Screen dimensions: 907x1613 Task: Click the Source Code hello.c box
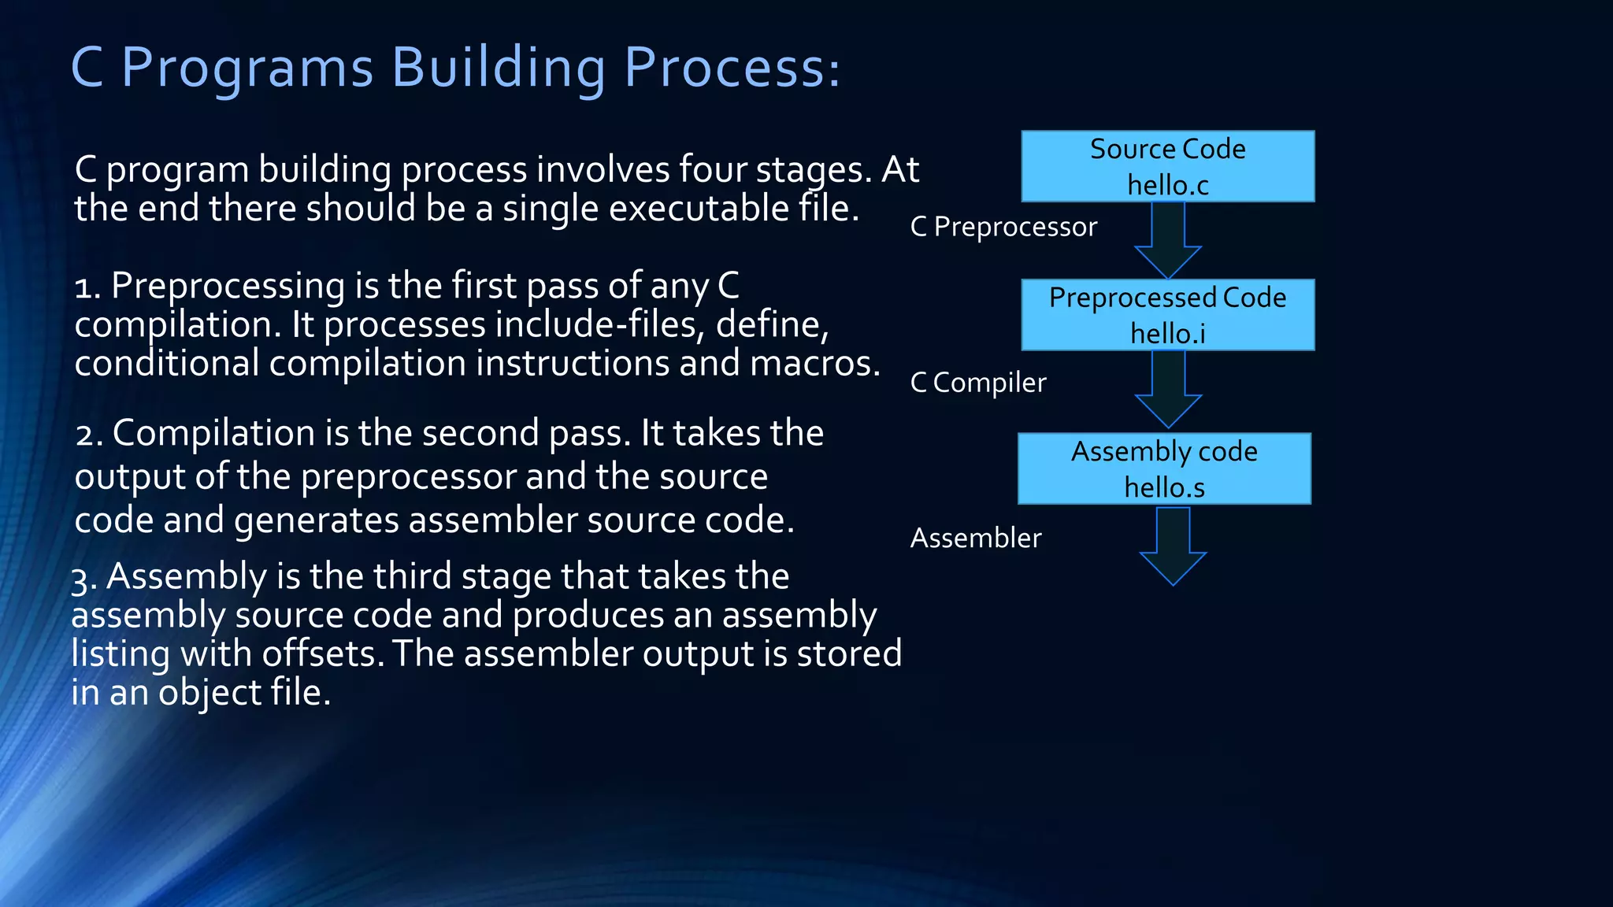click(1167, 166)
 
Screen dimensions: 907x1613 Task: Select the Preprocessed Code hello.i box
click(1167, 315)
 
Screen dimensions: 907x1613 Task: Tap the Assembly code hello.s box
click(1164, 468)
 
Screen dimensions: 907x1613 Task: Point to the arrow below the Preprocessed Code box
click(1168, 389)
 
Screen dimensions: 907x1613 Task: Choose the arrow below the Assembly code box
click(1173, 546)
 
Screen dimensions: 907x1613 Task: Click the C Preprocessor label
click(1003, 227)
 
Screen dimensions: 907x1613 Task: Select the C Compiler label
click(978, 383)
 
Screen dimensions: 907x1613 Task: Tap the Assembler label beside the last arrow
click(976, 538)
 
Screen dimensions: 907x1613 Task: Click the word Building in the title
click(499, 68)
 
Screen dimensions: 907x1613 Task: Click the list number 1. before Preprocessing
click(87, 287)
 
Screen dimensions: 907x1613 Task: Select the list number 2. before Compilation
click(89, 434)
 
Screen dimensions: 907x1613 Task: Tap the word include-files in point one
click(599, 324)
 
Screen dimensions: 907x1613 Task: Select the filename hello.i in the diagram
click(1167, 334)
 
